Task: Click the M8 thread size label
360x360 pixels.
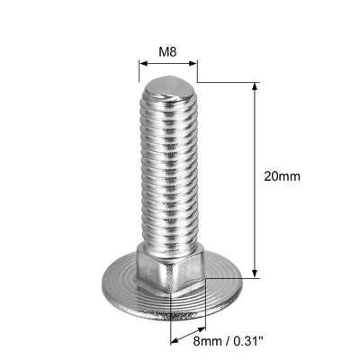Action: point(167,52)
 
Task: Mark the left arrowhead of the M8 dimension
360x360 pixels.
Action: point(141,65)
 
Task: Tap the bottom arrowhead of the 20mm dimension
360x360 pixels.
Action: point(255,274)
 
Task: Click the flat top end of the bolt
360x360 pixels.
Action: point(168,85)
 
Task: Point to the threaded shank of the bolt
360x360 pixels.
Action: point(168,171)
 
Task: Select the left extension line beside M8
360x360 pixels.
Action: point(139,72)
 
